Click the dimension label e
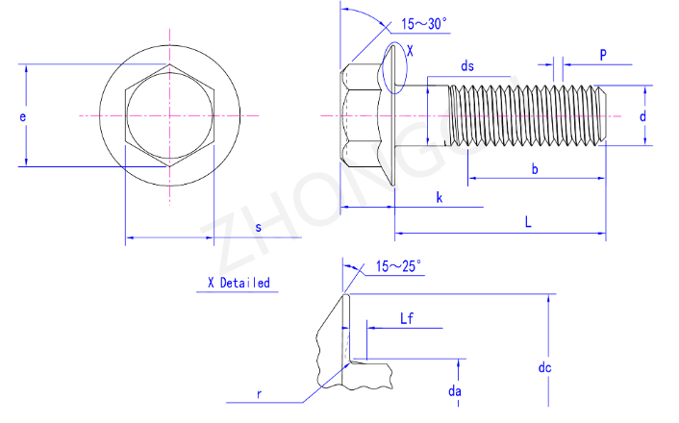point(22,117)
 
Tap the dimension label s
point(259,227)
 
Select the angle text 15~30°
point(424,24)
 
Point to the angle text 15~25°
point(398,266)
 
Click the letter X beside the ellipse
point(410,51)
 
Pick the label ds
point(467,65)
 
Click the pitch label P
point(603,55)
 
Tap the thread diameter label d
point(643,116)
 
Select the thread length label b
point(535,169)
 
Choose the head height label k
point(440,198)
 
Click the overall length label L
point(528,222)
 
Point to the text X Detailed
point(239,284)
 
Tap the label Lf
point(407,318)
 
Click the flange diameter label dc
point(544,367)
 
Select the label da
point(455,391)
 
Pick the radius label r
point(259,394)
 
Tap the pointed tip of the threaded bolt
point(606,115)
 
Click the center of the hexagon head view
point(169,115)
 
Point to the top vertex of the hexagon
point(169,64)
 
